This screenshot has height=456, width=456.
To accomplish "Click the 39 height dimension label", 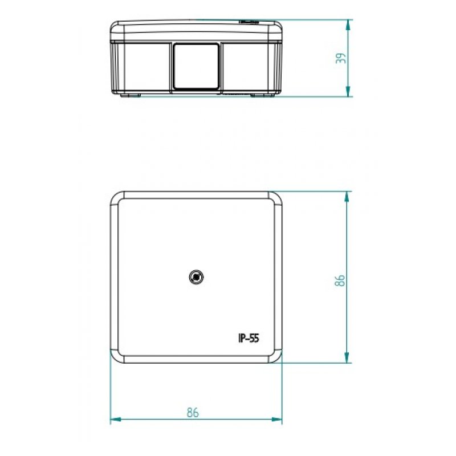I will [x=341, y=58].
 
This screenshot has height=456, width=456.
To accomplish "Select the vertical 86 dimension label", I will [x=341, y=280].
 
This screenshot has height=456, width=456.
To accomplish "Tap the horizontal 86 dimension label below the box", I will [x=193, y=413].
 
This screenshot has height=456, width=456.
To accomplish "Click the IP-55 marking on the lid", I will [x=249, y=338].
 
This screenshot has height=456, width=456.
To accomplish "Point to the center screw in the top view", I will [x=196, y=278].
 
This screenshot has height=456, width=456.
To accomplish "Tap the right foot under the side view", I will [x=264, y=95].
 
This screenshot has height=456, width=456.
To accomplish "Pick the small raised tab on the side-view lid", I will [x=249, y=22].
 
